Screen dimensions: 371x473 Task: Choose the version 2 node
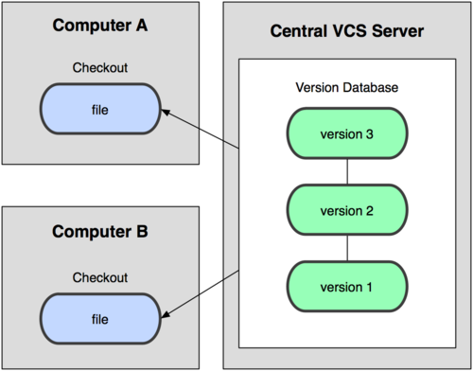347,209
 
